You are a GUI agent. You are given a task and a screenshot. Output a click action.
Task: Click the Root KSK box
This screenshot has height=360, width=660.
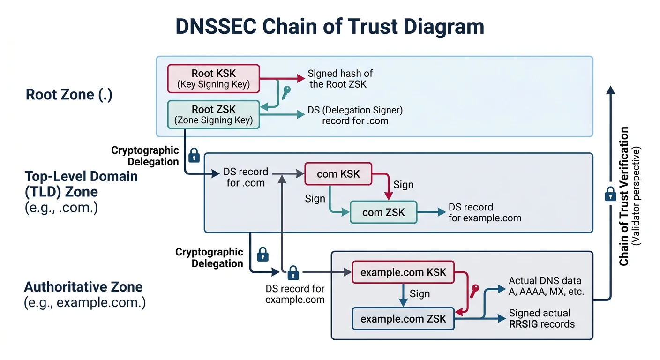[x=213, y=79]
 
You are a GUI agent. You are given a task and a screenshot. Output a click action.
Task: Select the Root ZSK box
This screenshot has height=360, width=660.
[x=213, y=114]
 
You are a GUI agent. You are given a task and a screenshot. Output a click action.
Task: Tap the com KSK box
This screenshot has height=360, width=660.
[x=338, y=174]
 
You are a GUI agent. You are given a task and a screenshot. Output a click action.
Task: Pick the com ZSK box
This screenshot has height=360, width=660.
[x=383, y=212]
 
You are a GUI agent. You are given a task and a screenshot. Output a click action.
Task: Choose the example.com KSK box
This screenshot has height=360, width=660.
[x=403, y=272]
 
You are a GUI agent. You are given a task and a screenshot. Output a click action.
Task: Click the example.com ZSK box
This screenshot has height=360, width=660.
[x=403, y=319]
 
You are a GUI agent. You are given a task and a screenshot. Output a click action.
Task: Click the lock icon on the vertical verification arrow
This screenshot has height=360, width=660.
[x=610, y=194]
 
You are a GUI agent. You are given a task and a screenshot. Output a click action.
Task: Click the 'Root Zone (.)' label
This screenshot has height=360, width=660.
[x=69, y=94]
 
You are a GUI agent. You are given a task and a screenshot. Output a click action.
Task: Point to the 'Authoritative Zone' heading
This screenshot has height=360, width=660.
[x=83, y=286]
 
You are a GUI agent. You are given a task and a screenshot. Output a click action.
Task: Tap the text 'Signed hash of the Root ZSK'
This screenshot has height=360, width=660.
[x=340, y=79]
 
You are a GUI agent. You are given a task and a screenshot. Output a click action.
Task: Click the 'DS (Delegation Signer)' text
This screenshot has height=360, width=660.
[x=355, y=110]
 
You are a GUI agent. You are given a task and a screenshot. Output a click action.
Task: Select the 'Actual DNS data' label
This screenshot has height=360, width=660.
[x=545, y=281]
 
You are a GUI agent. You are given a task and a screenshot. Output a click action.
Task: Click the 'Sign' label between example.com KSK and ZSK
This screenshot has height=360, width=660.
[x=420, y=294]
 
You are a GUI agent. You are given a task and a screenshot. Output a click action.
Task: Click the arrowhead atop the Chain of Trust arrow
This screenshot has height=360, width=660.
[x=610, y=90]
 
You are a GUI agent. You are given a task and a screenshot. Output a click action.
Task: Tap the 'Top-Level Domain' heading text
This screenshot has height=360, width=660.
[x=81, y=176]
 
